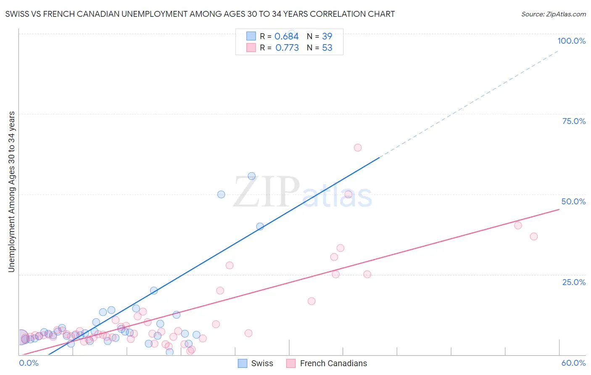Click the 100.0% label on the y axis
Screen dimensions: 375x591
(x=571, y=41)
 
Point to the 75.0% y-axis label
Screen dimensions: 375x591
(x=574, y=121)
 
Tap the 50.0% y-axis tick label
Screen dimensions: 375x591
(x=573, y=201)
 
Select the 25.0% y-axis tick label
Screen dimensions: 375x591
(x=574, y=282)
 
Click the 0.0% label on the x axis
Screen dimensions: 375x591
(x=29, y=363)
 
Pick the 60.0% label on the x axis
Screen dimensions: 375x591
(x=573, y=363)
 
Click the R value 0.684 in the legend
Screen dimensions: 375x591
(x=286, y=36)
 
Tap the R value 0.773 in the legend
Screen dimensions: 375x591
(x=287, y=48)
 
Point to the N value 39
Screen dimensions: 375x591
(x=327, y=36)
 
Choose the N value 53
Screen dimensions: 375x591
(x=327, y=48)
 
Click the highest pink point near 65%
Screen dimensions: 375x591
(x=358, y=148)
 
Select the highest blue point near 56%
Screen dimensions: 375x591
(x=252, y=176)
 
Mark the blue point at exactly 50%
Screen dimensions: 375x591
(x=221, y=194)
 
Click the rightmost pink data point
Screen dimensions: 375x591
(x=534, y=236)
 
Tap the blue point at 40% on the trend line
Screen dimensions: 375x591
(x=260, y=226)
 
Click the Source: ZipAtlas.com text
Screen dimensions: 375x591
(x=553, y=14)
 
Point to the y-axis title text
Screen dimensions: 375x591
(x=12, y=192)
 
